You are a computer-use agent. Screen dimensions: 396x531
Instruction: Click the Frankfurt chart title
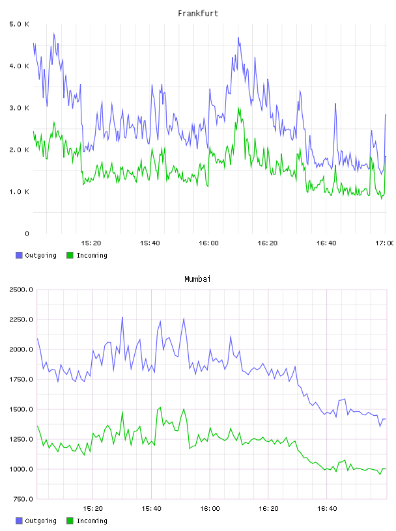pos(198,13)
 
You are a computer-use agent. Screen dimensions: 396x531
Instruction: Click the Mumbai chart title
pos(197,279)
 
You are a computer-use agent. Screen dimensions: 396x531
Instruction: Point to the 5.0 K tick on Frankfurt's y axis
pos(19,24)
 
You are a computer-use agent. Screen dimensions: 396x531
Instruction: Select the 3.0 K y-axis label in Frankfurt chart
pos(19,107)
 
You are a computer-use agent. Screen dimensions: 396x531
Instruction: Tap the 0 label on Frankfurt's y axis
pos(27,234)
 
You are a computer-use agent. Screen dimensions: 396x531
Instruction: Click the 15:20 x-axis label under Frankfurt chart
pos(91,243)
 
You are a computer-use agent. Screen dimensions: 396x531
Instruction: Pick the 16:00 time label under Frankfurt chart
pos(208,243)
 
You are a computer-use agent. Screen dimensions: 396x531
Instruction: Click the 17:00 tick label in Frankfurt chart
pos(384,243)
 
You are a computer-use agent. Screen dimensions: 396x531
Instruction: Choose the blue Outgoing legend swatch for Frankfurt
pos(19,255)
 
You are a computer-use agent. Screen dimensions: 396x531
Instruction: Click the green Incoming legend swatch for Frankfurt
pos(70,255)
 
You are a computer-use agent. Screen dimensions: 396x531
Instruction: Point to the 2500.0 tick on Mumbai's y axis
pos(21,290)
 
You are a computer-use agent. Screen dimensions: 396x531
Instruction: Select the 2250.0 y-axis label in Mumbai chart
pos(21,320)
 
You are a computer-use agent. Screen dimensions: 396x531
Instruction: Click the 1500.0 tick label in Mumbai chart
pos(21,409)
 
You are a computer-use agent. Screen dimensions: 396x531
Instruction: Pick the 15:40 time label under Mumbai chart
pos(151,508)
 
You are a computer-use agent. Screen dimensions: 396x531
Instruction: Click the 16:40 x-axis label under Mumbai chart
pos(327,508)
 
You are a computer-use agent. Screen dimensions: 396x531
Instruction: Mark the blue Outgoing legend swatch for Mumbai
pos(19,521)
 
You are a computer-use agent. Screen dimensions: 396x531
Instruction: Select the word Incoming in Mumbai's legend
pos(92,521)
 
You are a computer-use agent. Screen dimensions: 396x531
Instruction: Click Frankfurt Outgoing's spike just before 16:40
pos(335,103)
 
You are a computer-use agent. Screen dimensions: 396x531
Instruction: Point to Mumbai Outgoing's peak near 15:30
pos(122,318)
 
